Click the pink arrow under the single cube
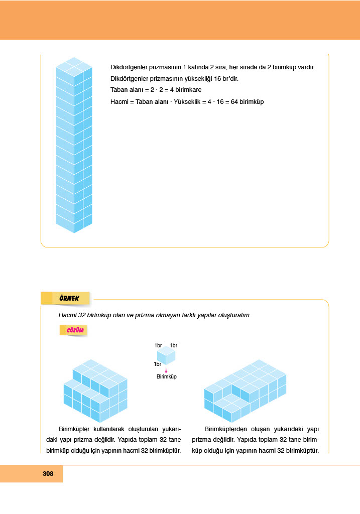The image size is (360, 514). coord(166,370)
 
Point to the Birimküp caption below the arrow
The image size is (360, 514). coord(167,376)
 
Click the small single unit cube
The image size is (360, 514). coord(166,357)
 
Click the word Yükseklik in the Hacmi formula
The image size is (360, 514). coord(188,101)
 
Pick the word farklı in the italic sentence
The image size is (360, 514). coord(179,315)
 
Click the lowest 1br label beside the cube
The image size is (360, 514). coord(158,364)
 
